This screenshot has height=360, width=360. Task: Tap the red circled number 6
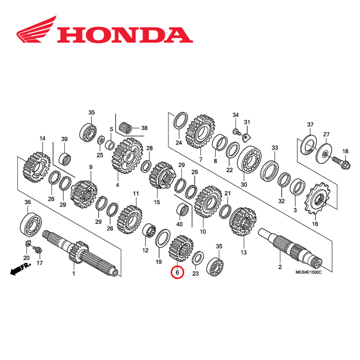click(177, 273)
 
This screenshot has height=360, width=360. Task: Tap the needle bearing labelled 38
click(128, 128)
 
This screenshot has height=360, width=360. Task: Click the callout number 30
click(244, 184)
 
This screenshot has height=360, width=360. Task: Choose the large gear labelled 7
click(200, 132)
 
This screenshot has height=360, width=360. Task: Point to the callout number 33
click(275, 148)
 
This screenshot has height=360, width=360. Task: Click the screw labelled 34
click(237, 131)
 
